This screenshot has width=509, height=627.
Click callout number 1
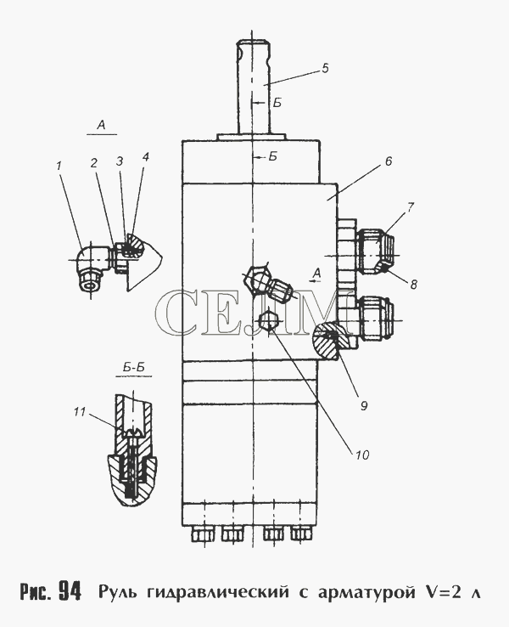[x=59, y=165]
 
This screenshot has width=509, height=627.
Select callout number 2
[x=94, y=163]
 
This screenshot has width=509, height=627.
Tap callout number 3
[x=120, y=161]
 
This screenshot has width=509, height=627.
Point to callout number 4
[x=145, y=156]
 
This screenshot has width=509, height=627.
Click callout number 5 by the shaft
[x=325, y=68]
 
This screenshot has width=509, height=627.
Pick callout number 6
[x=388, y=161]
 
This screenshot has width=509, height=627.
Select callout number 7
[x=411, y=206]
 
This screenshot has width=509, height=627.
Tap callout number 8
[x=414, y=284]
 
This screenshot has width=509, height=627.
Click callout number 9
[x=364, y=406]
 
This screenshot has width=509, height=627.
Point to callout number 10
[x=362, y=455]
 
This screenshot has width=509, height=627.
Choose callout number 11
[x=80, y=411]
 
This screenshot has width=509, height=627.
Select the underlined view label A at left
[x=102, y=126]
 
